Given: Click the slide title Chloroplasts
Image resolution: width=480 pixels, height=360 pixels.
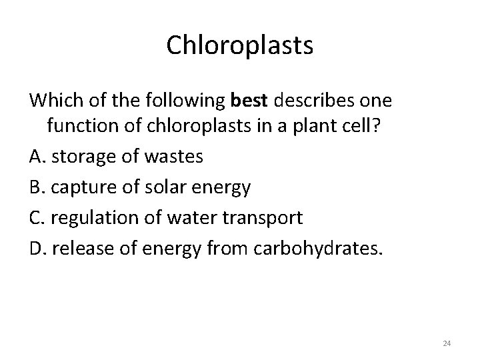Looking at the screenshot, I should point(239,45).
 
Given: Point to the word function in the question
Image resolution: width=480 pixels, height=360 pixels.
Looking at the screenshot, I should point(80,130).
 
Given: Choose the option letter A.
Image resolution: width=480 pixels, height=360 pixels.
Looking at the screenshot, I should point(36,159).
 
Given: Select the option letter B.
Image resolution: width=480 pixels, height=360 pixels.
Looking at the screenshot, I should point(36,187).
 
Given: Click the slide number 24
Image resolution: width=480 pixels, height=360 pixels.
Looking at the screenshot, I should point(447,343).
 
